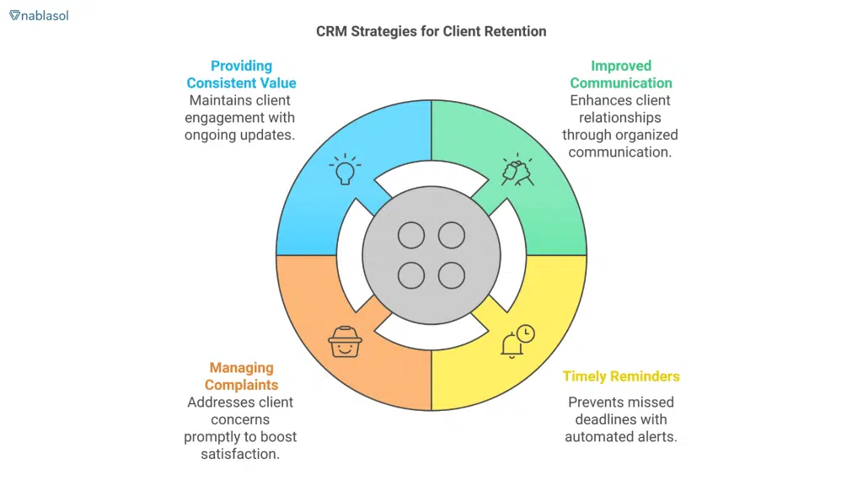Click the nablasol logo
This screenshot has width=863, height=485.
(39, 15)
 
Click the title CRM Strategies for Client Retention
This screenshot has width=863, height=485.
(431, 31)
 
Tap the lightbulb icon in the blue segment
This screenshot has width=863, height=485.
(343, 169)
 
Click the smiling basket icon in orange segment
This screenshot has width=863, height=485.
(345, 341)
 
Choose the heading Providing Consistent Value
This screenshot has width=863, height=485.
(241, 74)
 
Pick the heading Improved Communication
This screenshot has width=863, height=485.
(621, 74)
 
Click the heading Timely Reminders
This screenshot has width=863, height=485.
(621, 376)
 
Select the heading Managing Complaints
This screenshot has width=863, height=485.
(241, 376)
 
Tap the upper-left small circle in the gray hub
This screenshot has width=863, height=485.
(411, 235)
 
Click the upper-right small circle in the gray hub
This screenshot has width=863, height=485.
(452, 235)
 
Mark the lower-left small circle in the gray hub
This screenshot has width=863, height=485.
(411, 275)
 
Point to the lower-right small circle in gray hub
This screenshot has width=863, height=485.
(452, 275)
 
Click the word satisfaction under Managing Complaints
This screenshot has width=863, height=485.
(241, 454)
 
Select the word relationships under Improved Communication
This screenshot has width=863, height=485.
(621, 118)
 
